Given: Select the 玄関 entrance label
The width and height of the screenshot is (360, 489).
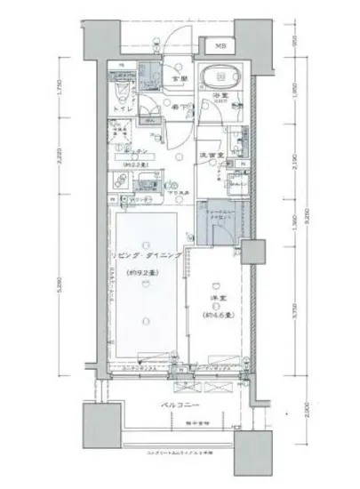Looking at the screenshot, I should point(177,78).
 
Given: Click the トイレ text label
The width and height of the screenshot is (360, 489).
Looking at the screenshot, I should point(125,110).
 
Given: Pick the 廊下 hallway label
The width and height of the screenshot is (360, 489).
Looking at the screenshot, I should point(179,108).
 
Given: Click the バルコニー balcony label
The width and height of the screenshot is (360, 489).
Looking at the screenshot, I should point(180,405).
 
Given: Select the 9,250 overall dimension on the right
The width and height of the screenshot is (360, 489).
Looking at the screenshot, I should point(307,218).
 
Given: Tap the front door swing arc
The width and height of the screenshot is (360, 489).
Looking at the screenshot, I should point(180,36).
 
